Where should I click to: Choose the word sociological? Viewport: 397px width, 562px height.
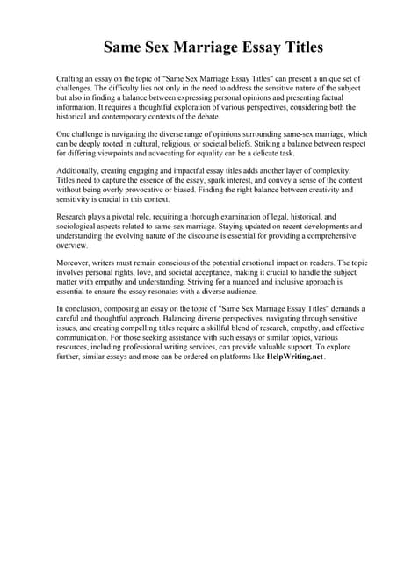click(79, 224)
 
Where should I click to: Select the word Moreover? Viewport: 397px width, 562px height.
click(75, 263)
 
